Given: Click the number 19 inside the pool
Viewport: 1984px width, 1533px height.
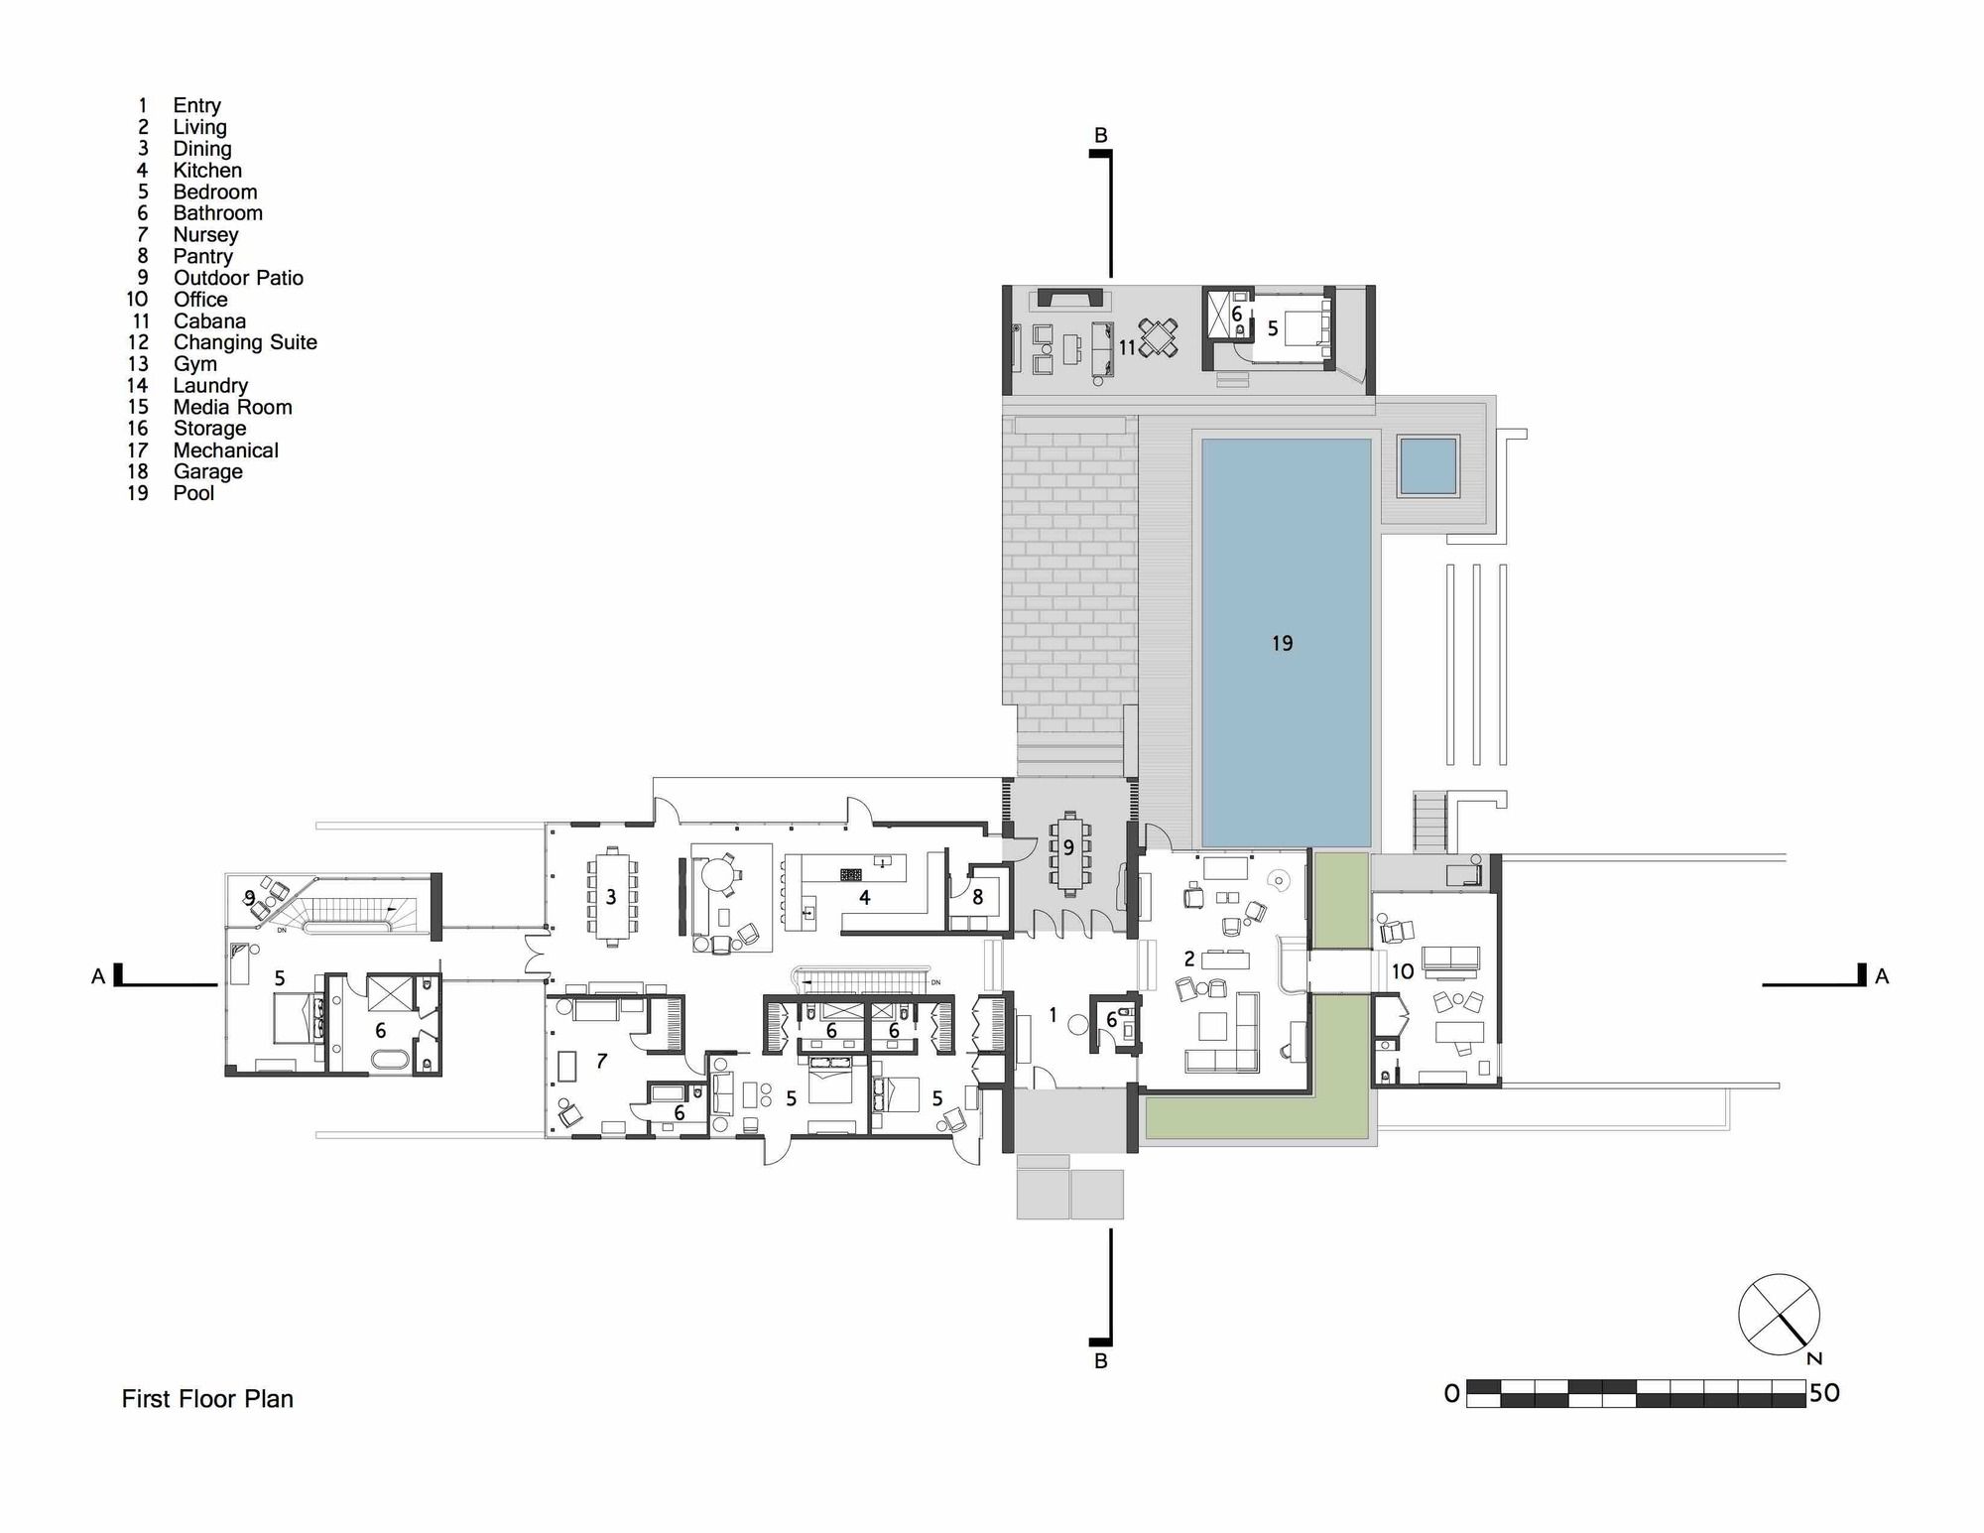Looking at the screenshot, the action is point(1282,644).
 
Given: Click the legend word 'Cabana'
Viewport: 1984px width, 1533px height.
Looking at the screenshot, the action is point(209,321).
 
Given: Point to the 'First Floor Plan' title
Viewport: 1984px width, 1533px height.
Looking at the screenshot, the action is point(207,1399).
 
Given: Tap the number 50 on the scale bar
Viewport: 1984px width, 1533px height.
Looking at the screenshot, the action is point(1824,1393).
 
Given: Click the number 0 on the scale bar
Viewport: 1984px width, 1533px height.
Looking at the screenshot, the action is point(1452,1394).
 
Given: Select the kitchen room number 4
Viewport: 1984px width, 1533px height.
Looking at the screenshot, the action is point(865,898).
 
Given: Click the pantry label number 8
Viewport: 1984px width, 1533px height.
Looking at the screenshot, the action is point(978,897).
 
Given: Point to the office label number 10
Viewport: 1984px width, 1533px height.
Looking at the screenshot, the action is point(1403,971).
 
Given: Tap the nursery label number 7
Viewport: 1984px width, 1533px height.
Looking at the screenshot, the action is point(601,1062).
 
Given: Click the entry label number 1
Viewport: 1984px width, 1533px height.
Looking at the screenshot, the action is point(1053,1016).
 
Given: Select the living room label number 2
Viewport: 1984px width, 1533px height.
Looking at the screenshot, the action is point(1189,959).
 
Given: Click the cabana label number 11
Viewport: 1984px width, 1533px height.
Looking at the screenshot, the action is point(1127,348).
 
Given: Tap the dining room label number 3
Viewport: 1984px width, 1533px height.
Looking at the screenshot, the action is point(611,898).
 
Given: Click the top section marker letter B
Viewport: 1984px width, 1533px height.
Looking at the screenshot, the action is point(1100,135).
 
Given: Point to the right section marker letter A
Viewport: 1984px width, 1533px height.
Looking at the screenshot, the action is point(1882,977).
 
